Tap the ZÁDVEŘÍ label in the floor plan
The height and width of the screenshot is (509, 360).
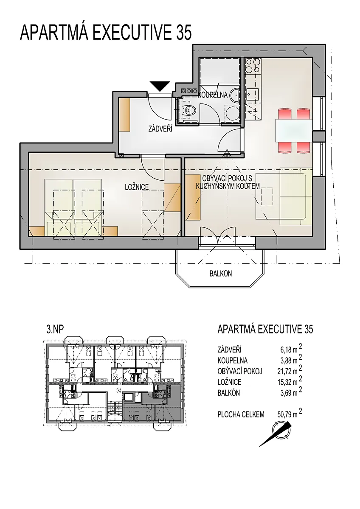coord(160,129)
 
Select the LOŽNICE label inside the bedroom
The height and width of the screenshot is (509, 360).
coord(137,187)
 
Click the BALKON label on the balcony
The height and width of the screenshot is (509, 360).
coord(221,274)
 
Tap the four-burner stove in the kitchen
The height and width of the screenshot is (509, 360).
coord(253,66)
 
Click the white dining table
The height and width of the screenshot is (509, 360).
coord(293,131)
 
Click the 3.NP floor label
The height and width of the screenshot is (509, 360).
coord(55,329)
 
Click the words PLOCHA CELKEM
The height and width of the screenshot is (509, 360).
coord(241,415)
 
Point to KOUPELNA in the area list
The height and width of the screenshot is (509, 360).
coord(232,361)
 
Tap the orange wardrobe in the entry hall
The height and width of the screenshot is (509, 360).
coord(124,115)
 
